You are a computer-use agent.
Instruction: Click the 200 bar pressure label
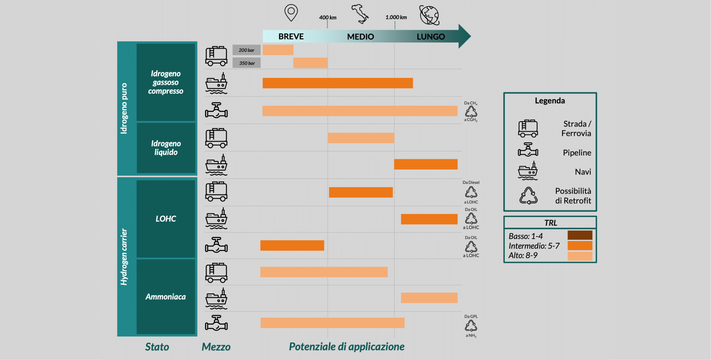pos(246,50)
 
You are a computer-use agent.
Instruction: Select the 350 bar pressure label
pos(246,63)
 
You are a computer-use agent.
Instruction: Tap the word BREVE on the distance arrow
pos(291,37)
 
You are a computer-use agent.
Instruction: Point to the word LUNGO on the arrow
pos(430,37)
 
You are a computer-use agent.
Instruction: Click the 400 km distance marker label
pos(328,17)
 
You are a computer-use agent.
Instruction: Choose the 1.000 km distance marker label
pos(396,17)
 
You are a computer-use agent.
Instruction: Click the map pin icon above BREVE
pos(291,13)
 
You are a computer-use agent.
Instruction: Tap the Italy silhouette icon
pos(360,14)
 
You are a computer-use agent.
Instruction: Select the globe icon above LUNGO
pos(429,15)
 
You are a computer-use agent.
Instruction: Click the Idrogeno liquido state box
pos(166,148)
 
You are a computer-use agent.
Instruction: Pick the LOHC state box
pos(166,219)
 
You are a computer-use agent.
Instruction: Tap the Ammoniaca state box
pos(166,297)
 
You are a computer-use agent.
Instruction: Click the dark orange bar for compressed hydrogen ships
pos(338,83)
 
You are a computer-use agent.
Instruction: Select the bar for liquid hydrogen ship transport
pos(426,164)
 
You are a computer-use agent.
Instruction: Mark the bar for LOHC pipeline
pos(292,245)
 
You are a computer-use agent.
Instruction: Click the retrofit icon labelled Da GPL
pos(471,326)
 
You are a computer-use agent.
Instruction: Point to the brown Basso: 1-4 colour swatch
pos(580,235)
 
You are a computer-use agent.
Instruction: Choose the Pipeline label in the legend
pos(577,152)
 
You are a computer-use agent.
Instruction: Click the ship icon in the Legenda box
pos(528,171)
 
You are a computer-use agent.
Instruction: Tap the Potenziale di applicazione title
pos(346,347)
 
